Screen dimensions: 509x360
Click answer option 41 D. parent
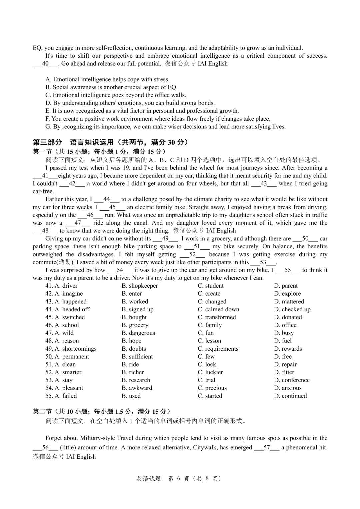[x=286, y=286]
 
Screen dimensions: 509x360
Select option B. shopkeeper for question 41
[x=140, y=286]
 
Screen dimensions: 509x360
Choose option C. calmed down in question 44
[x=218, y=309]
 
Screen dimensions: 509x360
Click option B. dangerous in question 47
[x=138, y=333]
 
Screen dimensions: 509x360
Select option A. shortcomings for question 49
[x=71, y=349]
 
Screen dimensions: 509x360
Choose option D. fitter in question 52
[x=284, y=372]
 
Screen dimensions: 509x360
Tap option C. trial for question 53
[x=206, y=380]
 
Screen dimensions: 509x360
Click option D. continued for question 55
[x=290, y=396]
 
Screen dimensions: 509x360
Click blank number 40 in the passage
[x=46, y=64]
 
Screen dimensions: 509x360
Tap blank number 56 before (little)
[x=46, y=447]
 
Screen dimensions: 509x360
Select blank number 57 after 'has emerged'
[x=267, y=447]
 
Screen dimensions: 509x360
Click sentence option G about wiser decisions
[x=165, y=127]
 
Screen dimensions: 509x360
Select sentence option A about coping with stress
[x=107, y=79]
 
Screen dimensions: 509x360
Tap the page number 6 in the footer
[x=179, y=479]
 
